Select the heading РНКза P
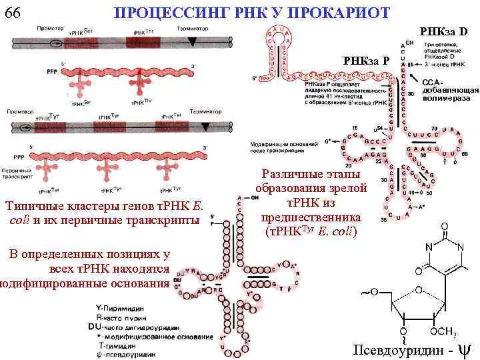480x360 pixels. click(x=366, y=61)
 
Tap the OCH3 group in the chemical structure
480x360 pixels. click(x=443, y=331)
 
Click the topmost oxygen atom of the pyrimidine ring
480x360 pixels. click(x=444, y=227)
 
